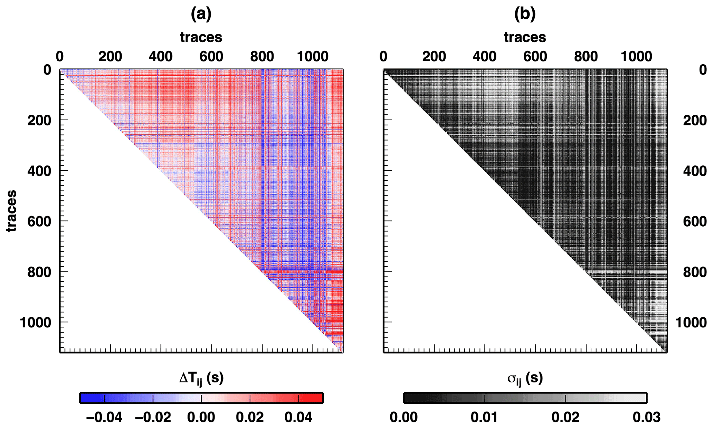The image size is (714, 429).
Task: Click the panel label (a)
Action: (x=201, y=14)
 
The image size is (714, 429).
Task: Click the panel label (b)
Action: (x=525, y=14)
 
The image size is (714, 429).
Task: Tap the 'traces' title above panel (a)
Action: (x=201, y=37)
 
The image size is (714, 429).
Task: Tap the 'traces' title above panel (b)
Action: (x=525, y=37)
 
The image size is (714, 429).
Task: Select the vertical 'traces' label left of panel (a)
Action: (x=11, y=211)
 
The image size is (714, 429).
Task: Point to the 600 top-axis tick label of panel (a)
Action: (x=211, y=56)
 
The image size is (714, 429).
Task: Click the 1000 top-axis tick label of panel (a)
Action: (x=313, y=56)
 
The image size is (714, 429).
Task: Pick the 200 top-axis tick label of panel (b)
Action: (x=434, y=56)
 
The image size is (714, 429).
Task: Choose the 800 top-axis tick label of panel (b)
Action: (x=586, y=56)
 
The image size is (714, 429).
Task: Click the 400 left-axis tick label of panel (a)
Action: (x=39, y=171)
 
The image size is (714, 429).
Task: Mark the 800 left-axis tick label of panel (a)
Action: (x=39, y=272)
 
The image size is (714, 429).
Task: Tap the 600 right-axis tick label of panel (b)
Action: (x=695, y=221)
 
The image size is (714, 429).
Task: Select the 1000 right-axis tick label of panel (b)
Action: (x=691, y=323)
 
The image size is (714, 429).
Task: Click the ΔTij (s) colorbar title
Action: (x=201, y=379)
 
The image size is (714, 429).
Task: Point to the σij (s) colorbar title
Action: (x=525, y=379)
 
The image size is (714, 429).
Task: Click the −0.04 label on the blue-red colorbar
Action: (x=104, y=417)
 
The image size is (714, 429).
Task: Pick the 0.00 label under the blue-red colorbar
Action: (x=201, y=417)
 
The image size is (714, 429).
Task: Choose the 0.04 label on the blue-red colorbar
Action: (x=298, y=417)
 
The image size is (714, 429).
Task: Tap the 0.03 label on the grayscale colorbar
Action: (x=647, y=417)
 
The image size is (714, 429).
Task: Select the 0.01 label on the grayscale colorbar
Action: (x=484, y=417)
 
